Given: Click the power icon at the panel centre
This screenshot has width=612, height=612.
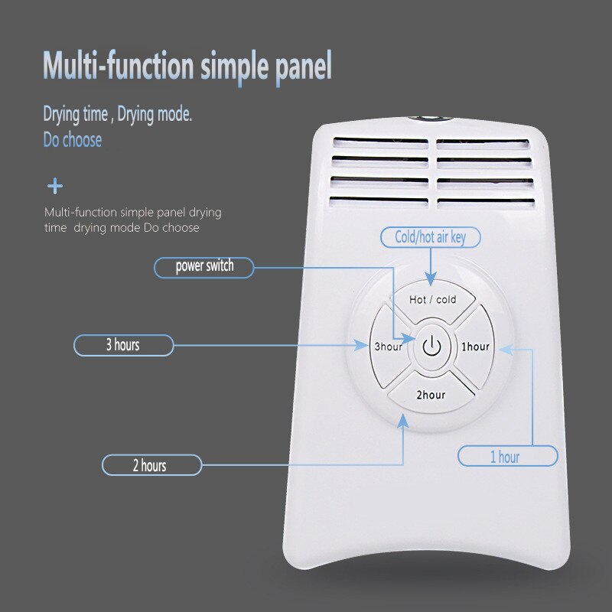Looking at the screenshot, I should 432,347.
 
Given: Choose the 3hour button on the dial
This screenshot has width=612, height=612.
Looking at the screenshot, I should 388,347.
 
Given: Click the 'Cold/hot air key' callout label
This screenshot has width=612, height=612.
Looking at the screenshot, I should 430,237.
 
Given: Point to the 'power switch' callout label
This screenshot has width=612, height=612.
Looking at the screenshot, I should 204,266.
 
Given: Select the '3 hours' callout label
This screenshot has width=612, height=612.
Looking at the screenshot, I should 122,345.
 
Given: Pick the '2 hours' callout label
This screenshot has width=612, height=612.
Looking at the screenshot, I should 151,465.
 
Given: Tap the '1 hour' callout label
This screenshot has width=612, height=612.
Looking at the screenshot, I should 507,457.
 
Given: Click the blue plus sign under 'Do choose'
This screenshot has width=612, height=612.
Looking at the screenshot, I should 55,186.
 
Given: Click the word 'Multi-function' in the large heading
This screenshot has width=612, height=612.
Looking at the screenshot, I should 119,67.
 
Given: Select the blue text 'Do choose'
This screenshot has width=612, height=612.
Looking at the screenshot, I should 72,140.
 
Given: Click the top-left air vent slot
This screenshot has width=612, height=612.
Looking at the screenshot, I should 380,142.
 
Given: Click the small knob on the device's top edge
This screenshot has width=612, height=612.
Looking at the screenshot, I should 431,118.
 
